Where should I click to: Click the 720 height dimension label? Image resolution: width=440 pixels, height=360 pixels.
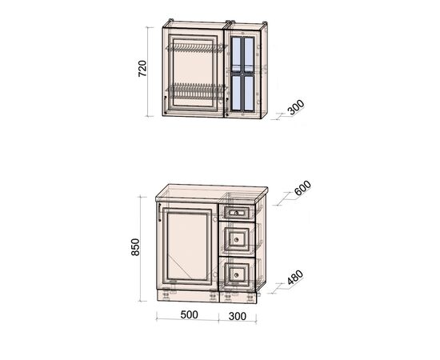coord(142,69)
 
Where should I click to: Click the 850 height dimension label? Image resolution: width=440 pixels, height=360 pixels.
coord(135,247)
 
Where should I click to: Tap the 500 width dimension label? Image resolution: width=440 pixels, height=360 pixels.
coord(189,315)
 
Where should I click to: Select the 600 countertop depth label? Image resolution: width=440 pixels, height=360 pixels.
coord(302,188)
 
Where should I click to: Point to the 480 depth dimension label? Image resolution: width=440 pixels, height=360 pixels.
coord(295,278)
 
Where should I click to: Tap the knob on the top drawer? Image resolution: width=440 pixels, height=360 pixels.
coord(236,213)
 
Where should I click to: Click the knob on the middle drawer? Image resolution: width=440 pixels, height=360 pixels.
coord(236,240)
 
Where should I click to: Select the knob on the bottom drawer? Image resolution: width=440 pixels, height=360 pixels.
coord(236,274)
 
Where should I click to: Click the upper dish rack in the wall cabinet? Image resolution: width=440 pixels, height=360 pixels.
coord(196,48)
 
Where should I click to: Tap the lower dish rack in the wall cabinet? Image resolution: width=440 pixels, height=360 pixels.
coord(196,90)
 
